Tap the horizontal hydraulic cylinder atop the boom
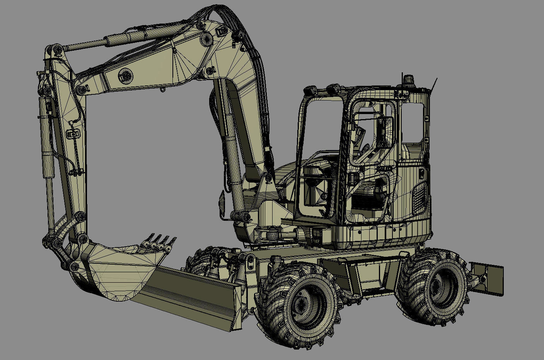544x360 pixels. tap(124, 39)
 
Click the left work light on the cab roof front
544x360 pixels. tap(310, 90)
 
